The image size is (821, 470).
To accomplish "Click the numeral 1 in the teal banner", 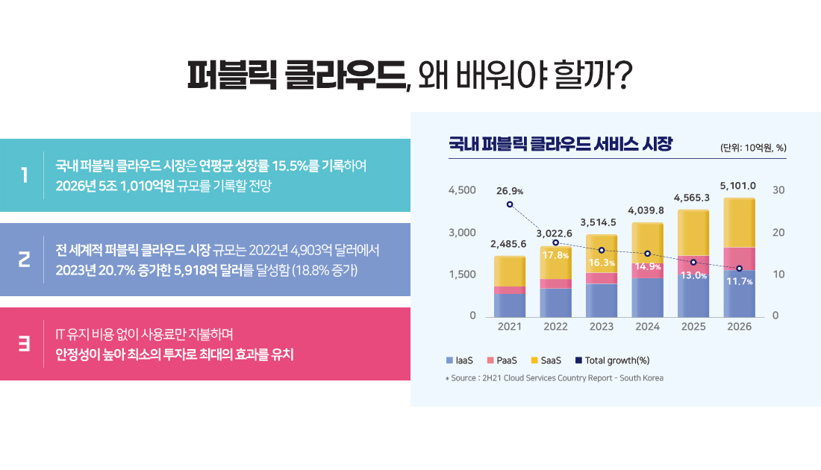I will coord(25,175).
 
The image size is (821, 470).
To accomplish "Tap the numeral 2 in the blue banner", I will coord(25,260).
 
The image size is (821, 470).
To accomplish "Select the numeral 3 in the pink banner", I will coord(25,344).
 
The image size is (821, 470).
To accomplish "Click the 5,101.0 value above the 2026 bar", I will coord(738,186).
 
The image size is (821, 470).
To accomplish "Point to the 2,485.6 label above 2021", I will coord(508,244).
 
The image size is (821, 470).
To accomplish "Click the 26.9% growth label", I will coord(509,191).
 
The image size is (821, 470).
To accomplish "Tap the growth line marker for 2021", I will coord(510,204).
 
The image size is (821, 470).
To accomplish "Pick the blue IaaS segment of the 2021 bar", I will coord(509,304).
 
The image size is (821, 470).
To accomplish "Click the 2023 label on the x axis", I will coord(601,327).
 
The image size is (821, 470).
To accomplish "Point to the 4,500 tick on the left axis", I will coord(462,190).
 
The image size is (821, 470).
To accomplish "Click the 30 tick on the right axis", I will coord(778,190).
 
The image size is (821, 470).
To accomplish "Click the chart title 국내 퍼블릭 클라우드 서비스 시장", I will coord(561,143).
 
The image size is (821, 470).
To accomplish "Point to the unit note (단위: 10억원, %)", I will coord(753,147).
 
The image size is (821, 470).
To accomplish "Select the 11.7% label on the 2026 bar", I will coord(739,281).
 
